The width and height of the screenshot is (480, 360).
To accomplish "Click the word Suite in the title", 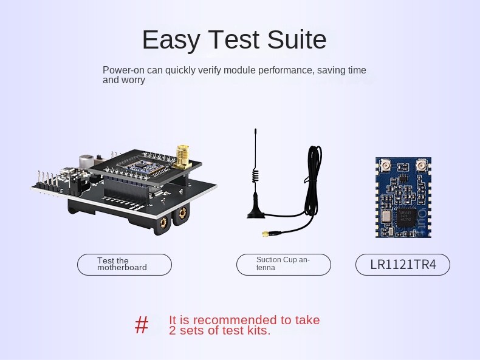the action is click(297, 39).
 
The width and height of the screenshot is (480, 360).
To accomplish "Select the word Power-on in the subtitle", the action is click(123, 70).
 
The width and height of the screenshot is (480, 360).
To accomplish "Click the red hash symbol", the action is click(142, 325).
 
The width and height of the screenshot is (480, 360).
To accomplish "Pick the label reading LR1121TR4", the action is click(403, 265).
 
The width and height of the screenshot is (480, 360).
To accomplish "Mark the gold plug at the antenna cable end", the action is click(266, 234).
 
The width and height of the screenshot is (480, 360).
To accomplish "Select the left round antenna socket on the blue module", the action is click(385, 166).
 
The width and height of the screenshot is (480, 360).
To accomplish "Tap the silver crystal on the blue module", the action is click(386, 217).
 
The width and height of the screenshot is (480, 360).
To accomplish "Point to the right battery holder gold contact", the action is click(182, 212).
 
